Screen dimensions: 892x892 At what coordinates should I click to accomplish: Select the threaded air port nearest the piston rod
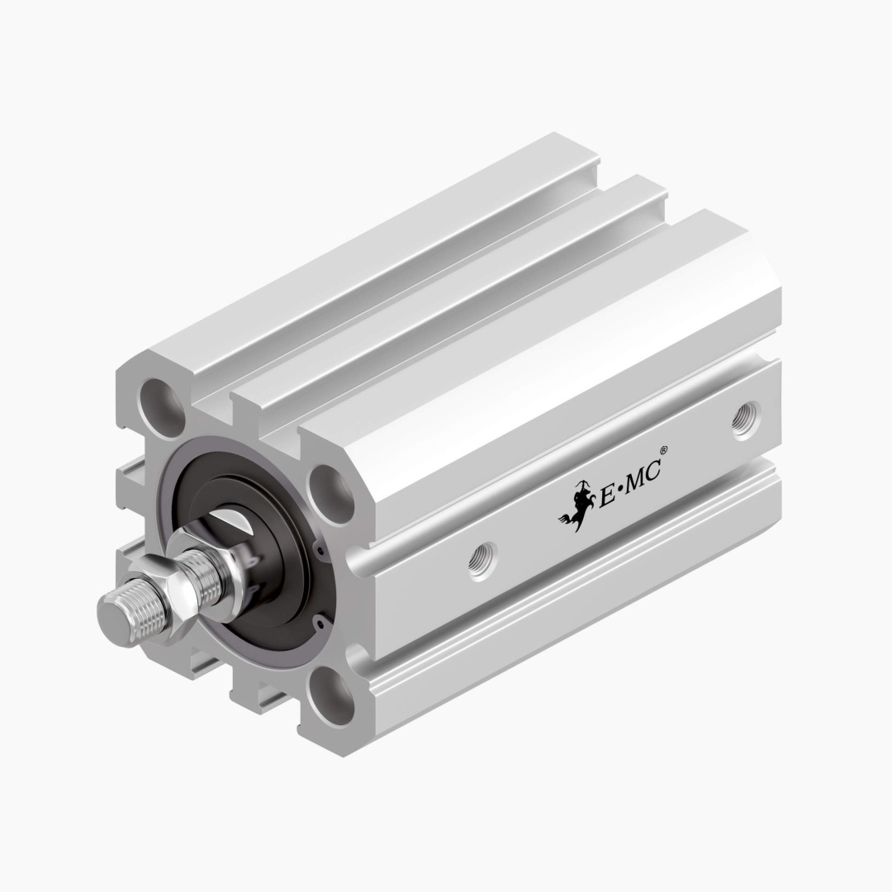coord(482,562)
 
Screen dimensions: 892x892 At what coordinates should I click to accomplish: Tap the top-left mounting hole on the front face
coord(163,405)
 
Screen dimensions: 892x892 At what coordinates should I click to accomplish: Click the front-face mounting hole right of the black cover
coord(332,496)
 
